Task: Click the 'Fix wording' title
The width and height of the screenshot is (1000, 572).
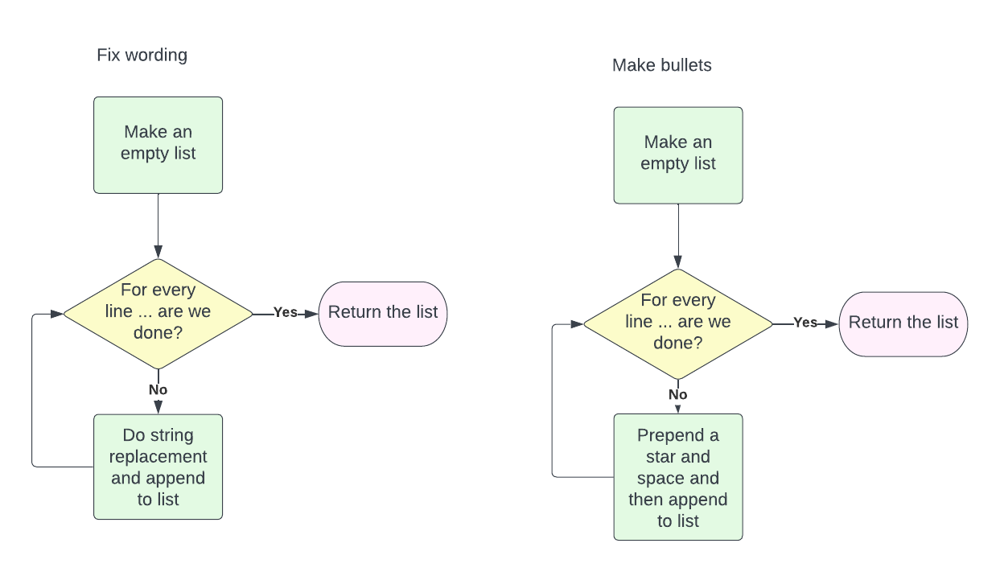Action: coord(142,56)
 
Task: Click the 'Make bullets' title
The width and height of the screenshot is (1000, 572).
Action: coord(661,65)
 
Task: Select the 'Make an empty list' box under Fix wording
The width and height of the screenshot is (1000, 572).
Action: coord(158,145)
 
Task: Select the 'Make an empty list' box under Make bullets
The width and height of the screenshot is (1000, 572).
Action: coord(677,154)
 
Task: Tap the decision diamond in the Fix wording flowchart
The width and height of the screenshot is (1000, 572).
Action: coord(158,312)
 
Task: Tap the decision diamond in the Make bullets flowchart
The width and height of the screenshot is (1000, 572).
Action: coord(677,323)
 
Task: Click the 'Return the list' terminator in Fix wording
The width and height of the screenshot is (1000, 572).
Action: coord(383,313)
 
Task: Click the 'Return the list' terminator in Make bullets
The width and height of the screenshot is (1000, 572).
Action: coord(903,323)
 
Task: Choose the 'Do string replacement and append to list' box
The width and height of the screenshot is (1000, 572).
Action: coord(158,467)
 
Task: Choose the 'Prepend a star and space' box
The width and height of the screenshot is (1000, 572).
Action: coord(677,476)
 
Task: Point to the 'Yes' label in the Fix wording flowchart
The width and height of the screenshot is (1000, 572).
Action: coord(286,312)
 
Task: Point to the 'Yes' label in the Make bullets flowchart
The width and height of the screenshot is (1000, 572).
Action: coord(805,323)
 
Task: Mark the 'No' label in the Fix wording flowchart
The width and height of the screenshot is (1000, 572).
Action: coord(158,389)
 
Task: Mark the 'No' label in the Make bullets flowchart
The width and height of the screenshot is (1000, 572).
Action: coord(677,395)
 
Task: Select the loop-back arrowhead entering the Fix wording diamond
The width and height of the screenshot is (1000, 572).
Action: coord(57,314)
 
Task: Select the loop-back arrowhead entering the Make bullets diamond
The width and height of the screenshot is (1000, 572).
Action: coord(577,324)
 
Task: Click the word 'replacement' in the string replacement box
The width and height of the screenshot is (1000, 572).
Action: coord(158,457)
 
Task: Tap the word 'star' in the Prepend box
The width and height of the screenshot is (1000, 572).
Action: coord(662,457)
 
